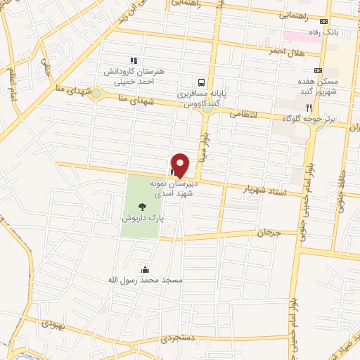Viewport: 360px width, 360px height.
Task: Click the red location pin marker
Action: click(x=180, y=165)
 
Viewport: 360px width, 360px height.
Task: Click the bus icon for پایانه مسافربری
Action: click(x=202, y=82)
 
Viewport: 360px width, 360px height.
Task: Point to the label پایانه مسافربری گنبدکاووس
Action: click(x=202, y=98)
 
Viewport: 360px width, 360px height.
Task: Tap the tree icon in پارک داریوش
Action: click(x=143, y=206)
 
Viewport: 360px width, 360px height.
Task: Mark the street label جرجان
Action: click(x=269, y=233)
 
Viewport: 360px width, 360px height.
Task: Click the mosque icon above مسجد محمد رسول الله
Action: click(x=145, y=269)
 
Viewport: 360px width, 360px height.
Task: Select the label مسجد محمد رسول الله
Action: click(x=152, y=281)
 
